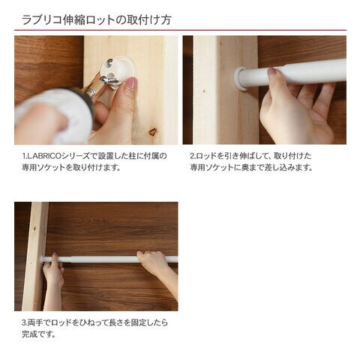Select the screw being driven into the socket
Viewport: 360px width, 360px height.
pyautogui.click(x=110, y=80)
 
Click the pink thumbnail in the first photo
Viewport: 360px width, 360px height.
pyautogui.click(x=130, y=84)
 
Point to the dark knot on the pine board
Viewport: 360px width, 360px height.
pyautogui.click(x=153, y=131)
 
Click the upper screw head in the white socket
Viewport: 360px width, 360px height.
pyautogui.click(x=109, y=62)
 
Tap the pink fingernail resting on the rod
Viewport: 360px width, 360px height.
pyautogui.click(x=271, y=72)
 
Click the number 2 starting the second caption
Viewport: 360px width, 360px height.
pyautogui.click(x=192, y=156)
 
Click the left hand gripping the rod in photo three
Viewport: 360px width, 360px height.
pyautogui.click(x=53, y=271)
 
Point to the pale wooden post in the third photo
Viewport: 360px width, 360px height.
pyautogui.click(x=35, y=256)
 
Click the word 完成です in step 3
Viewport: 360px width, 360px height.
pyautogui.click(x=38, y=334)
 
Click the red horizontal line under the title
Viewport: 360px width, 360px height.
pyautogui.click(x=180, y=30)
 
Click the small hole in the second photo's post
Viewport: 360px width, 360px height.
pyautogui.click(x=204, y=91)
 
